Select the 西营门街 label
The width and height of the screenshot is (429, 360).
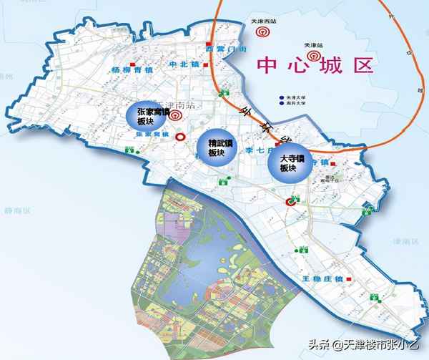226,49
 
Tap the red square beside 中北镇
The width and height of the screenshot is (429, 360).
206,65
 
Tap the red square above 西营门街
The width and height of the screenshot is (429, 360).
209,40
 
